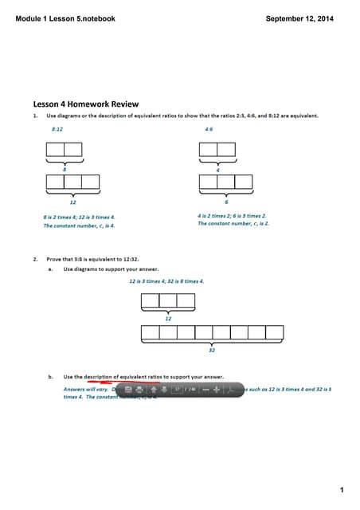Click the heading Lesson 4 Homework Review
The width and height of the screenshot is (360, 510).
pyautogui.click(x=86, y=104)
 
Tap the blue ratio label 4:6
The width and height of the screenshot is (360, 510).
pyautogui.click(x=209, y=127)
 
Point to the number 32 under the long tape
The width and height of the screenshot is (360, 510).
pyautogui.click(x=212, y=349)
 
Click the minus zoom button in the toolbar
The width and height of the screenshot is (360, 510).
pyautogui.click(x=205, y=390)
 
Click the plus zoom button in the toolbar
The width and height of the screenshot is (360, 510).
pyautogui.click(x=216, y=390)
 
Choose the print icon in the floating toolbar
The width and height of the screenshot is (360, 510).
pyautogui.click(x=139, y=390)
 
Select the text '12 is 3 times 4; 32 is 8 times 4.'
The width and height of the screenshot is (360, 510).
pyautogui.click(x=166, y=280)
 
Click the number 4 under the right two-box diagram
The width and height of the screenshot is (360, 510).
pyautogui.click(x=217, y=170)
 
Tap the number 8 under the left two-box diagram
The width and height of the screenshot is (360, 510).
pyautogui.click(x=64, y=170)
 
